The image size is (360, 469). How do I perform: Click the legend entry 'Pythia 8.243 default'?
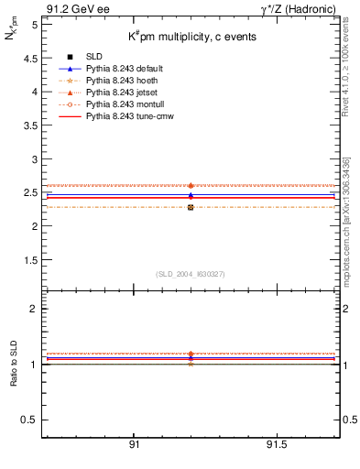114,69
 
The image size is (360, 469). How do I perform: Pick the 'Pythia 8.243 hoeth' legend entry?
110,81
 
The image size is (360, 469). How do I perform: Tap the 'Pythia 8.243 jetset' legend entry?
111,93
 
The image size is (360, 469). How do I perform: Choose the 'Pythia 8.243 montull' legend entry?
113,104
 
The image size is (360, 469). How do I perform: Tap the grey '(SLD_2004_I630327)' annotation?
191,274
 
